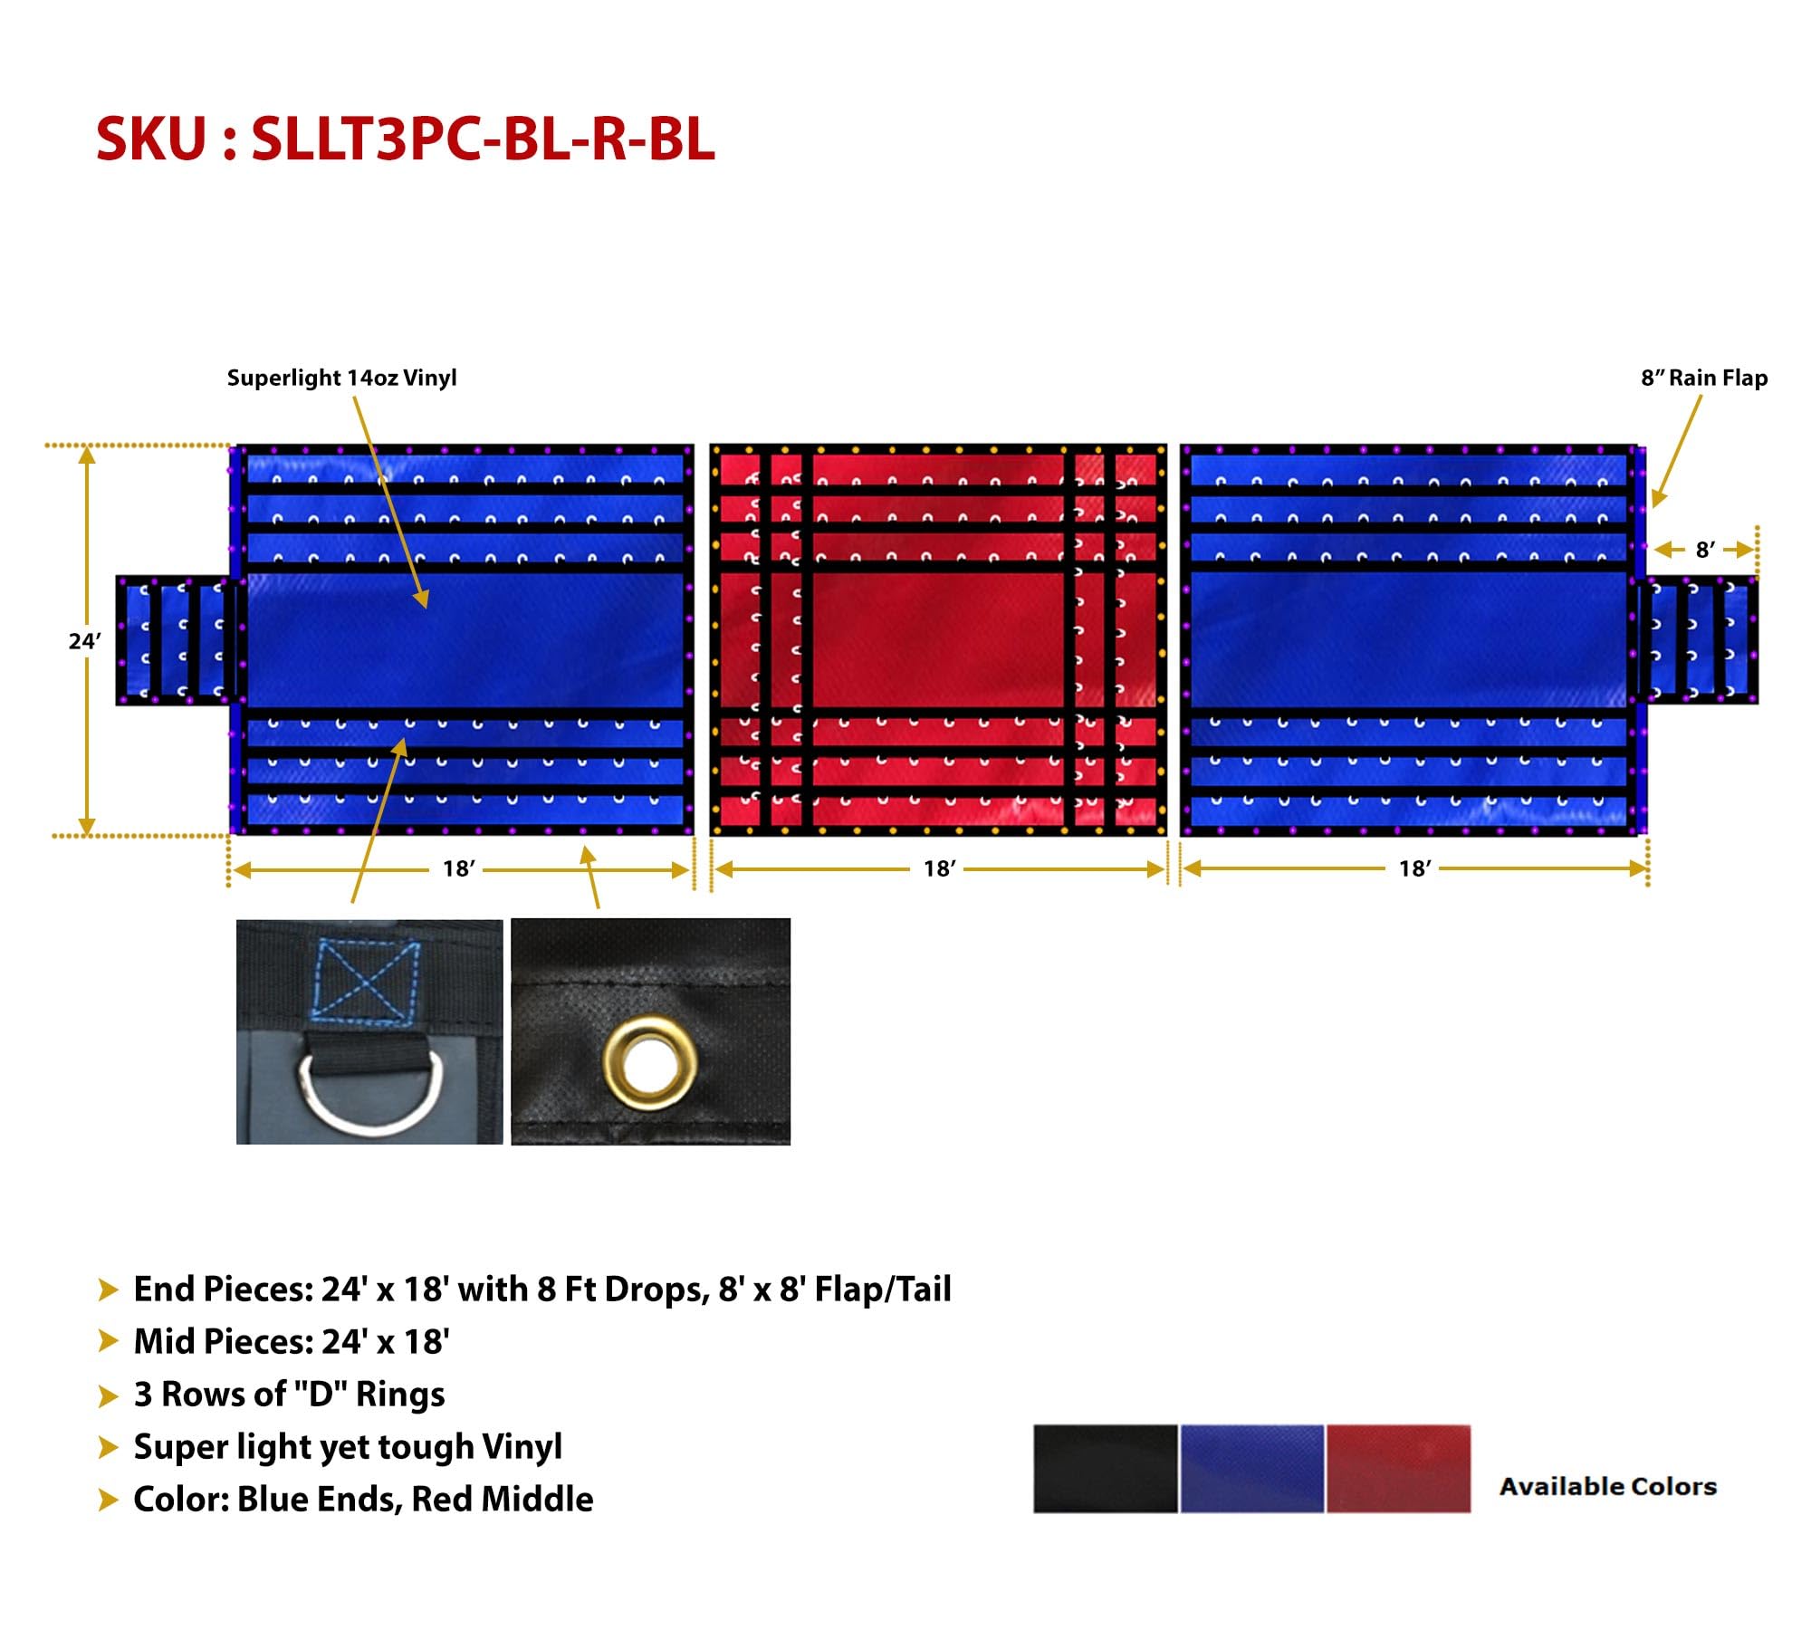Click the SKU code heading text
click(406, 139)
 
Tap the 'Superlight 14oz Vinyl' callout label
click(341, 378)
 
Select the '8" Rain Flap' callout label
click(1703, 378)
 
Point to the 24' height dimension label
click(84, 641)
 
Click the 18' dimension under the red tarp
click(939, 868)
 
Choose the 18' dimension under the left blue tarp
click(458, 868)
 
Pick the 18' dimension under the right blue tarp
click(1414, 868)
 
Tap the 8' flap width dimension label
click(1704, 550)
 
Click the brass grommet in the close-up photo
click(649, 1062)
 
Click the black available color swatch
click(1105, 1469)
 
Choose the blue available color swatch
click(1251, 1469)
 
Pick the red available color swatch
click(1398, 1469)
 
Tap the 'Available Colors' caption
click(1607, 1486)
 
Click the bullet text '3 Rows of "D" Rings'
click(289, 1394)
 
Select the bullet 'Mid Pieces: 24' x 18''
click(291, 1341)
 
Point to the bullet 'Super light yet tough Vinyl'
click(348, 1446)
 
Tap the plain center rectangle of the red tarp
click(937, 638)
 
